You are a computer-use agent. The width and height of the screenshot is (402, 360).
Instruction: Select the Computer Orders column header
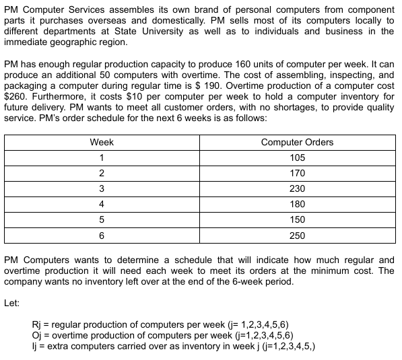pos(297,142)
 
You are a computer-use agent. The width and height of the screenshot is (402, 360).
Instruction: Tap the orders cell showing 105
pos(297,157)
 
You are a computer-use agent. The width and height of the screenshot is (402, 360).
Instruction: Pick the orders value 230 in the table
pos(297,188)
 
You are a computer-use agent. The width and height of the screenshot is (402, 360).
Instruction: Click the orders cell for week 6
pos(297,236)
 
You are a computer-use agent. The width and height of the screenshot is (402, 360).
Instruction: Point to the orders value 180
pos(297,204)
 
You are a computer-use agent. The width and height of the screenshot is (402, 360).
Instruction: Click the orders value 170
pos(297,173)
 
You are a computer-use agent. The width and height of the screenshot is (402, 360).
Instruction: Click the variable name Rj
pos(38,324)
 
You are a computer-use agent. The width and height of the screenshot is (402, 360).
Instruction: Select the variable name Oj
pos(38,335)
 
